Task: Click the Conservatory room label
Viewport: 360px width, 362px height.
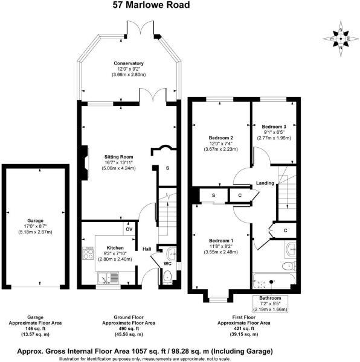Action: click(128, 63)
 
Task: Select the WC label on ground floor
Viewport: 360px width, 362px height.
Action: click(159, 262)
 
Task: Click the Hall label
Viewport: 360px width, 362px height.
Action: click(146, 248)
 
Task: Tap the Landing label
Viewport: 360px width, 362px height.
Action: click(265, 183)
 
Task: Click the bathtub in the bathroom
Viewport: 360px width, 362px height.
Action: click(274, 280)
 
